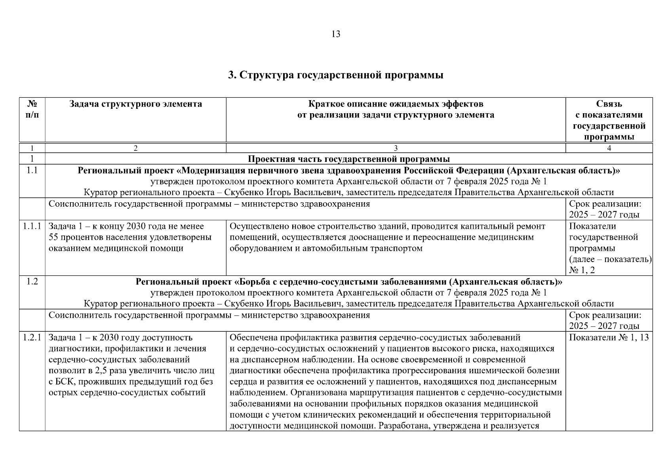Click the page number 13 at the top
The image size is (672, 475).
click(335, 34)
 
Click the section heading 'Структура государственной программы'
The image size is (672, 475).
click(335, 75)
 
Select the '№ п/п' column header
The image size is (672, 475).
click(32, 110)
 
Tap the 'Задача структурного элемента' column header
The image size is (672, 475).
click(135, 104)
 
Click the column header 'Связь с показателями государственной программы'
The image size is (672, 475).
click(609, 120)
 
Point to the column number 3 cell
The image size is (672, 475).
click(395, 148)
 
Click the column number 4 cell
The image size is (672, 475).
click(609, 148)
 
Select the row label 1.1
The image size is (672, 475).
click(32, 171)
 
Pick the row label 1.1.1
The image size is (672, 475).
click(32, 226)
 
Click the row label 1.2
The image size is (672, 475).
click(32, 282)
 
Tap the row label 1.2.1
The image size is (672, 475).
click(32, 338)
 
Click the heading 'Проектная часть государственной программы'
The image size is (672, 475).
click(348, 159)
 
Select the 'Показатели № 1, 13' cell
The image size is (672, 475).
click(609, 338)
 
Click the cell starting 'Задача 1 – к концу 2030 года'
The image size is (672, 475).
click(131, 237)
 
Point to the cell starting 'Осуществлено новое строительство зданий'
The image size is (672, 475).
click(387, 237)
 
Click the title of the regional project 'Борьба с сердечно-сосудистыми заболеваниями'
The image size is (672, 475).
click(348, 282)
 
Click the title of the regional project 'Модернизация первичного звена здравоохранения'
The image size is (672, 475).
click(348, 171)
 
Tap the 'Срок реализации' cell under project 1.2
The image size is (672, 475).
click(605, 321)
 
